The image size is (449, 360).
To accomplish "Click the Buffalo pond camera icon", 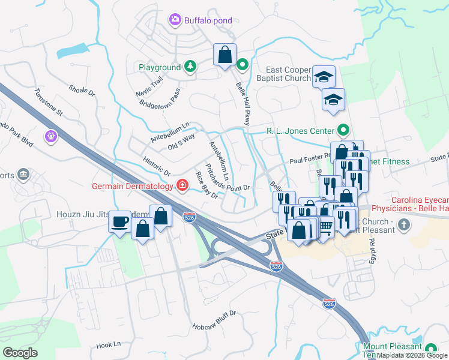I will pos(175,20).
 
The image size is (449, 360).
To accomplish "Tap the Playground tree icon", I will pos(190,67).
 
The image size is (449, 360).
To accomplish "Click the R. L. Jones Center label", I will pos(300,130).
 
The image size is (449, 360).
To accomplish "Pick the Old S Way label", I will pos(181,142).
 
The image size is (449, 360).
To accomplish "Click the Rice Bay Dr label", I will pos(206,185).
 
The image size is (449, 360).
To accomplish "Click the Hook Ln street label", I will pos(109,345).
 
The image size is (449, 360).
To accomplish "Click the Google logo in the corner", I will pos(20,353).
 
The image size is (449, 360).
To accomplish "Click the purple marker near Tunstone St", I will pos(50,137).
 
